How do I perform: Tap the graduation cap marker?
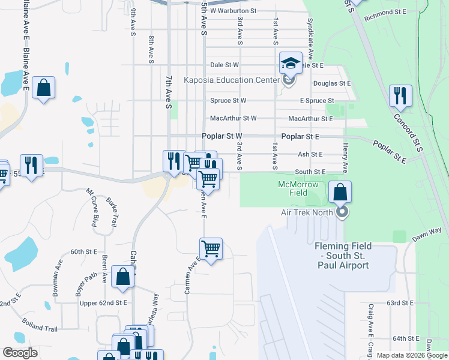(x=290, y=62)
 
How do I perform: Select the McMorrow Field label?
(x=300, y=188)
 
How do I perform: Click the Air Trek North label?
(x=307, y=212)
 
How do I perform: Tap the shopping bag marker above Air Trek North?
(x=340, y=193)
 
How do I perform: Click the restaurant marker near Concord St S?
(x=400, y=95)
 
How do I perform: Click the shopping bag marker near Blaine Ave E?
(x=44, y=88)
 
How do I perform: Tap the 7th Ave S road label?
(x=169, y=91)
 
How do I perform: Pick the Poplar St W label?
(x=221, y=137)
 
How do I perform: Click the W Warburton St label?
(x=233, y=11)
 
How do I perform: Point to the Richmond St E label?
(x=386, y=12)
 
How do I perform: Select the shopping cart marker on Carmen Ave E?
(x=211, y=248)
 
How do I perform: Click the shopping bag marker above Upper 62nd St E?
(x=122, y=278)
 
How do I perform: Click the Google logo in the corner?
(x=20, y=353)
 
